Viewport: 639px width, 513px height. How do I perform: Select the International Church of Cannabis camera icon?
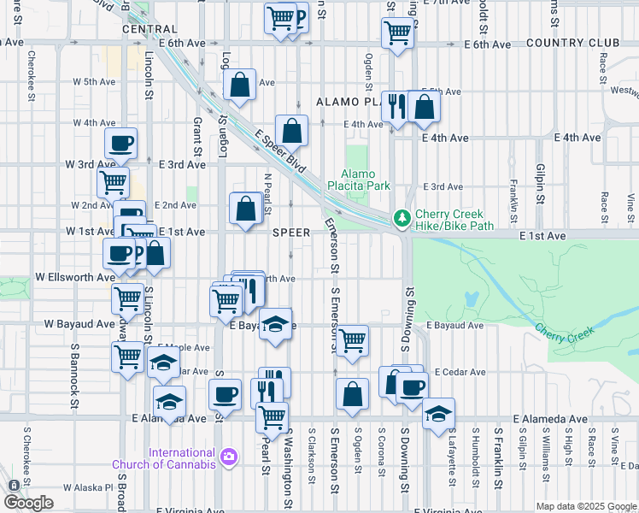(x=228, y=458)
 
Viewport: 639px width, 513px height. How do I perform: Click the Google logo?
(x=28, y=503)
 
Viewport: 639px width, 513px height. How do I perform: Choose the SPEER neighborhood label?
(x=291, y=232)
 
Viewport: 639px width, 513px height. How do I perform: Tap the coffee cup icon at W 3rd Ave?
(x=121, y=143)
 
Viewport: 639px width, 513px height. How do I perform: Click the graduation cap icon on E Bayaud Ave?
(x=275, y=324)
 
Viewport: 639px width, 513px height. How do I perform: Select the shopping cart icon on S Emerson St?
(x=352, y=340)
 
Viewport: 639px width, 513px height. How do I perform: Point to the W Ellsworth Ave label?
(x=74, y=278)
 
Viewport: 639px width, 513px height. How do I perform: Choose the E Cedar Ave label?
(x=459, y=372)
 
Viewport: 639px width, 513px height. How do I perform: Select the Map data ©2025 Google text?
(x=586, y=506)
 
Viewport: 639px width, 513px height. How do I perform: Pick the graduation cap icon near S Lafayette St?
(x=438, y=414)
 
